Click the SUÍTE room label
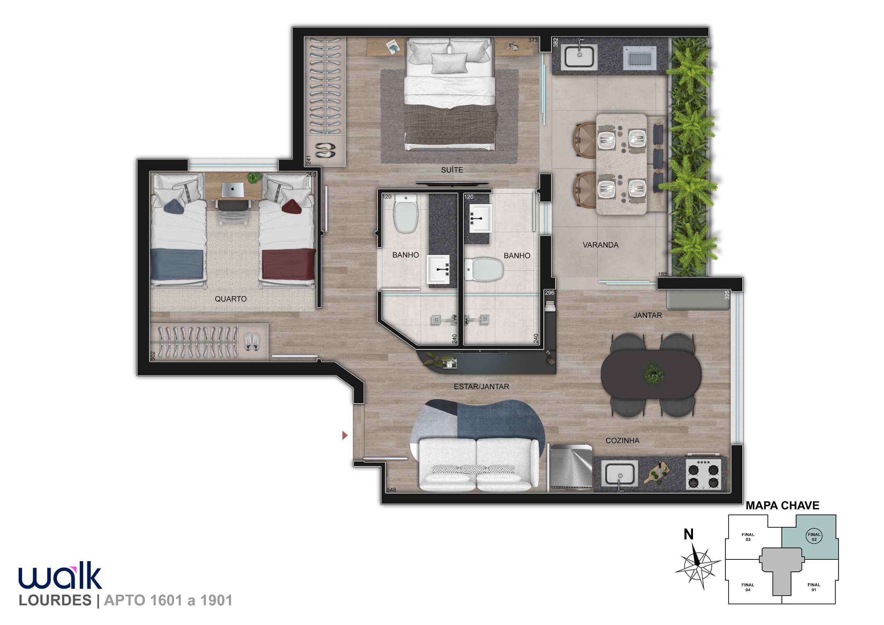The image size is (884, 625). pos(452,170)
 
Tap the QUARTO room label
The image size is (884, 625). pos(231,299)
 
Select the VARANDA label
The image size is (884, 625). pos(600,245)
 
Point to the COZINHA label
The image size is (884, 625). pos(622,441)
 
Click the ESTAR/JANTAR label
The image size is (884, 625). pos(481,387)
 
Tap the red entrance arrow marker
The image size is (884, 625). pos(345,435)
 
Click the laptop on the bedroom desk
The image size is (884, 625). pos(232,190)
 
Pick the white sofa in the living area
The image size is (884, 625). pos(479,465)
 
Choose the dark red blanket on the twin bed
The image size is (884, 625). pos(288,265)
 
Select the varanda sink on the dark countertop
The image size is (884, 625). pos(580,57)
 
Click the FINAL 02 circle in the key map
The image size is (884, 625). pos(814,537)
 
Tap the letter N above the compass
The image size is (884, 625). pos(689,534)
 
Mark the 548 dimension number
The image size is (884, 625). pos(392,490)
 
